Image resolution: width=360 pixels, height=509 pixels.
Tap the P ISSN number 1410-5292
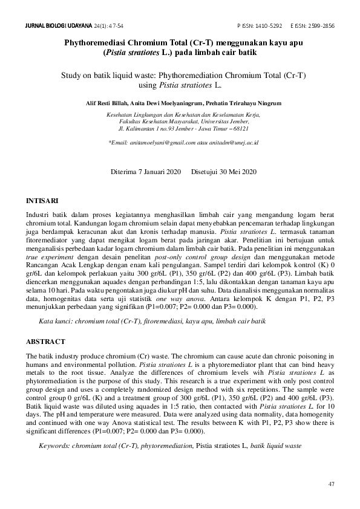269,27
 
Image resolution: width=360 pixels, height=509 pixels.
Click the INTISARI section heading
42,199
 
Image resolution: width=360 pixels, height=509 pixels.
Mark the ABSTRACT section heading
45,342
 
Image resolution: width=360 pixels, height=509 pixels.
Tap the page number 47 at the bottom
331,484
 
